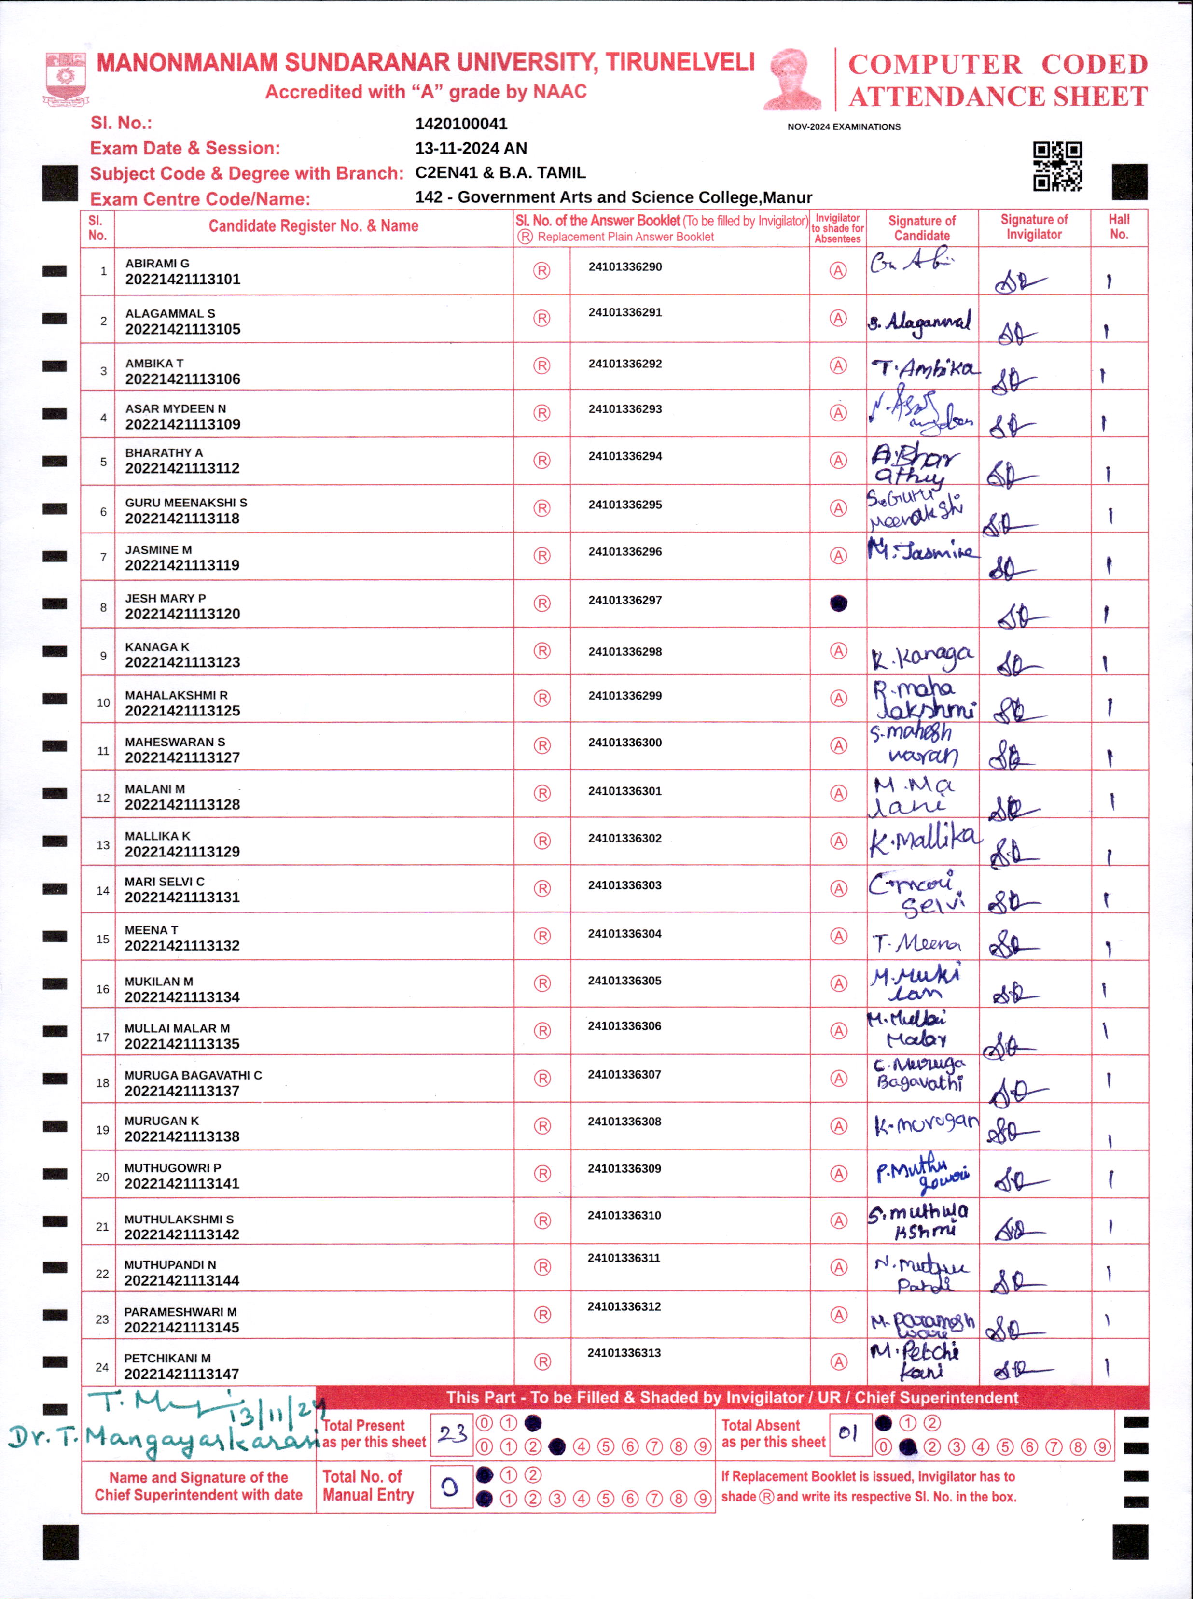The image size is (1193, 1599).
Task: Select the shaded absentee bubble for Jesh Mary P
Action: tap(838, 603)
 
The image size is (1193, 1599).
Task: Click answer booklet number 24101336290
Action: tap(624, 266)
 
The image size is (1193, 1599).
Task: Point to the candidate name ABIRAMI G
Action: tap(157, 264)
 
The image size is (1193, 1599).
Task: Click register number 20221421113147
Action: tap(181, 1374)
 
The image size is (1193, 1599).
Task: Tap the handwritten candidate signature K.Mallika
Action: tap(924, 840)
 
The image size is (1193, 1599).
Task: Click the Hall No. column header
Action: tap(1119, 227)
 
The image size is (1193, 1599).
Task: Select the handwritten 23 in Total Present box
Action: tap(452, 1433)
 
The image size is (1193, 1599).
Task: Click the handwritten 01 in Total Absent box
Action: tap(848, 1433)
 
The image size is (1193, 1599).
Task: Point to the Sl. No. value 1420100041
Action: tap(461, 124)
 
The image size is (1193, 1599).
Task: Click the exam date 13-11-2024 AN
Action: tap(471, 148)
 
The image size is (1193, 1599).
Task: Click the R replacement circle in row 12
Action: tap(541, 793)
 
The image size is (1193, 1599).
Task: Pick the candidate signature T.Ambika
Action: tap(924, 369)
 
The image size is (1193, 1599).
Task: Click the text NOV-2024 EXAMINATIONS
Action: tap(844, 127)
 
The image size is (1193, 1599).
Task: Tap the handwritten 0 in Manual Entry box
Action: tap(450, 1487)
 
